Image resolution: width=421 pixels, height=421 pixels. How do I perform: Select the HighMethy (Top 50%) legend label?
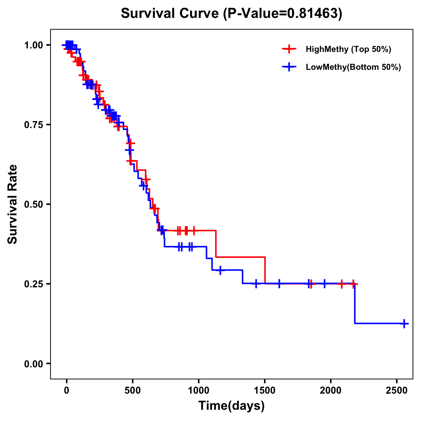point(348,49)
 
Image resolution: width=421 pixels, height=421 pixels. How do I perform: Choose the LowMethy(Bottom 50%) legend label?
point(353,67)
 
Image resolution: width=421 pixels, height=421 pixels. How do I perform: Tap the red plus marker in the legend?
point(288,49)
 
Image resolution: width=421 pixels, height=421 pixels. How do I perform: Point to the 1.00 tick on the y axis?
point(34,45)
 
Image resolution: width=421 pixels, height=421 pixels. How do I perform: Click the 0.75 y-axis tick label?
point(34,125)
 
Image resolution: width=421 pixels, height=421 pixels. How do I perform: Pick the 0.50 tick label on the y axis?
point(34,205)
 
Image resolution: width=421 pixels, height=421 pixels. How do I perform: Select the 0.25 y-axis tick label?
point(34,284)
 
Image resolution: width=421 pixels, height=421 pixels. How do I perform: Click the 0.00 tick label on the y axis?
point(34,364)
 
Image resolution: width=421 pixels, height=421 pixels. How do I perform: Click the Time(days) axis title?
point(232,406)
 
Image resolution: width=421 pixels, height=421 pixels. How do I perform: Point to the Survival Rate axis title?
point(13,204)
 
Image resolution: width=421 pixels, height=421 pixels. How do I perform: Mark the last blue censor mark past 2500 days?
point(404,323)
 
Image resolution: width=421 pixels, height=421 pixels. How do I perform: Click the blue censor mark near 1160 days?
point(220,270)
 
